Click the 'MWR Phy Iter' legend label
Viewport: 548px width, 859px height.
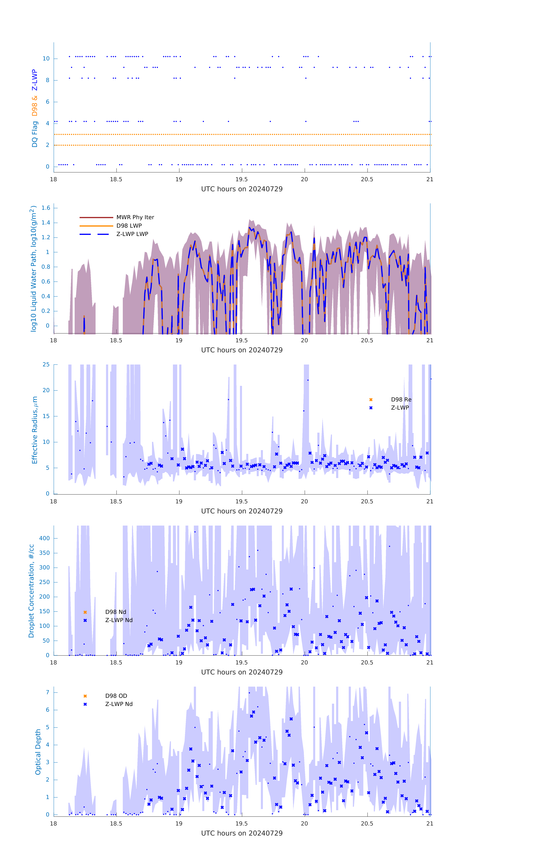click(135, 217)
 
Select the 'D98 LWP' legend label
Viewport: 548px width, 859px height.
click(129, 226)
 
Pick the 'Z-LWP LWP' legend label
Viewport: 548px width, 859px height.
click(132, 234)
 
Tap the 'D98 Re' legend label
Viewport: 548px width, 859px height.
click(401, 400)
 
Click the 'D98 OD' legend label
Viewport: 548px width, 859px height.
click(116, 696)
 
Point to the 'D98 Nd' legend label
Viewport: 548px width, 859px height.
click(116, 612)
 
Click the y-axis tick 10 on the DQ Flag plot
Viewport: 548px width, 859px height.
click(46, 59)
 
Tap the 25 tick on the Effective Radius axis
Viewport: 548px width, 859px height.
click(46, 365)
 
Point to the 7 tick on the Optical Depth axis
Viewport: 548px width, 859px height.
click(47, 692)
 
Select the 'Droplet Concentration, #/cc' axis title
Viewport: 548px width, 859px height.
click(31, 591)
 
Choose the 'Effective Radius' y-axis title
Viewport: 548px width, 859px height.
click(35, 430)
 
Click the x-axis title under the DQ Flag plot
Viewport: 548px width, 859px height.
click(242, 189)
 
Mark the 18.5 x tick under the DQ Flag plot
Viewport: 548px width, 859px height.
click(116, 179)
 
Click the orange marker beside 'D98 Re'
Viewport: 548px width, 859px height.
click(371, 400)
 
